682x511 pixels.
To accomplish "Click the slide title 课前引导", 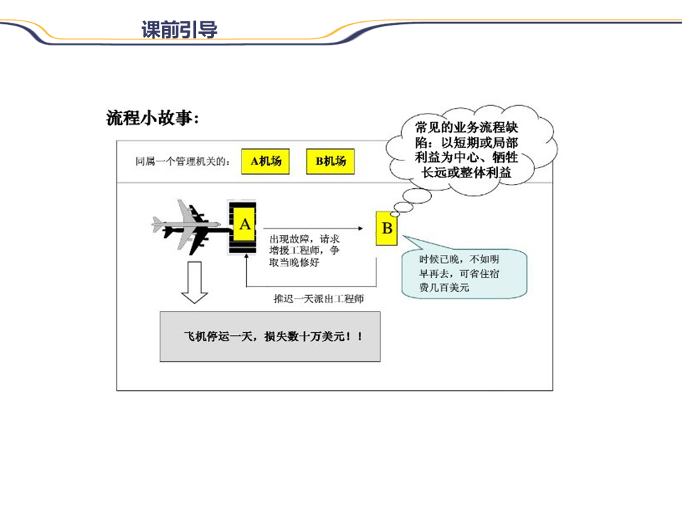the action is (x=179, y=30).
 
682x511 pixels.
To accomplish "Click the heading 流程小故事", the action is (x=153, y=118).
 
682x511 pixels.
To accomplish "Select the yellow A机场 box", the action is (x=266, y=161).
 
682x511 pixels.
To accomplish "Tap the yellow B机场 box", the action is (x=330, y=161).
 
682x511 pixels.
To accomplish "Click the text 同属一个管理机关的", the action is (x=183, y=162).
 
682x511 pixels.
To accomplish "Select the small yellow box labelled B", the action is (x=387, y=229).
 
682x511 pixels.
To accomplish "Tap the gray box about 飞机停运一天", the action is (x=270, y=336).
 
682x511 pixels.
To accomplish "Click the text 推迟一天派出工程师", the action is (x=319, y=299).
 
